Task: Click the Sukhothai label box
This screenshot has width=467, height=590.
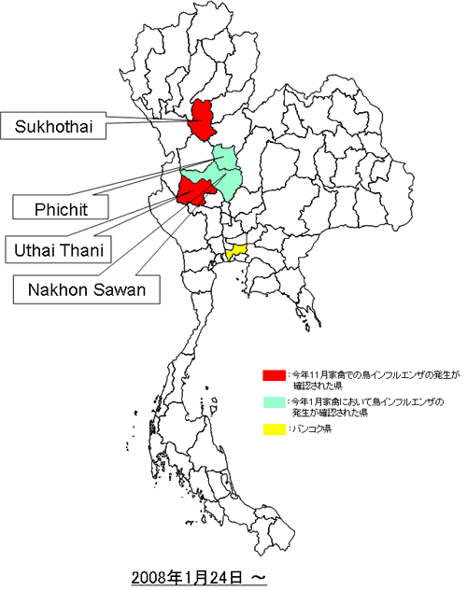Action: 52,123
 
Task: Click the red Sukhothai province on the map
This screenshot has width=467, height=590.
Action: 200,119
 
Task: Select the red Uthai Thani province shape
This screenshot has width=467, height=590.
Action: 194,190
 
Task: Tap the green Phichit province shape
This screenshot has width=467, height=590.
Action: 226,159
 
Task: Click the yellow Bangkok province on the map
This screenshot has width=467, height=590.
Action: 235,252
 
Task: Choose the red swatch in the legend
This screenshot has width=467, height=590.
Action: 273,375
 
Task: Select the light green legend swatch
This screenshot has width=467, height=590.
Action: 273,402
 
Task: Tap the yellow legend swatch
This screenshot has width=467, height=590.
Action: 273,429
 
